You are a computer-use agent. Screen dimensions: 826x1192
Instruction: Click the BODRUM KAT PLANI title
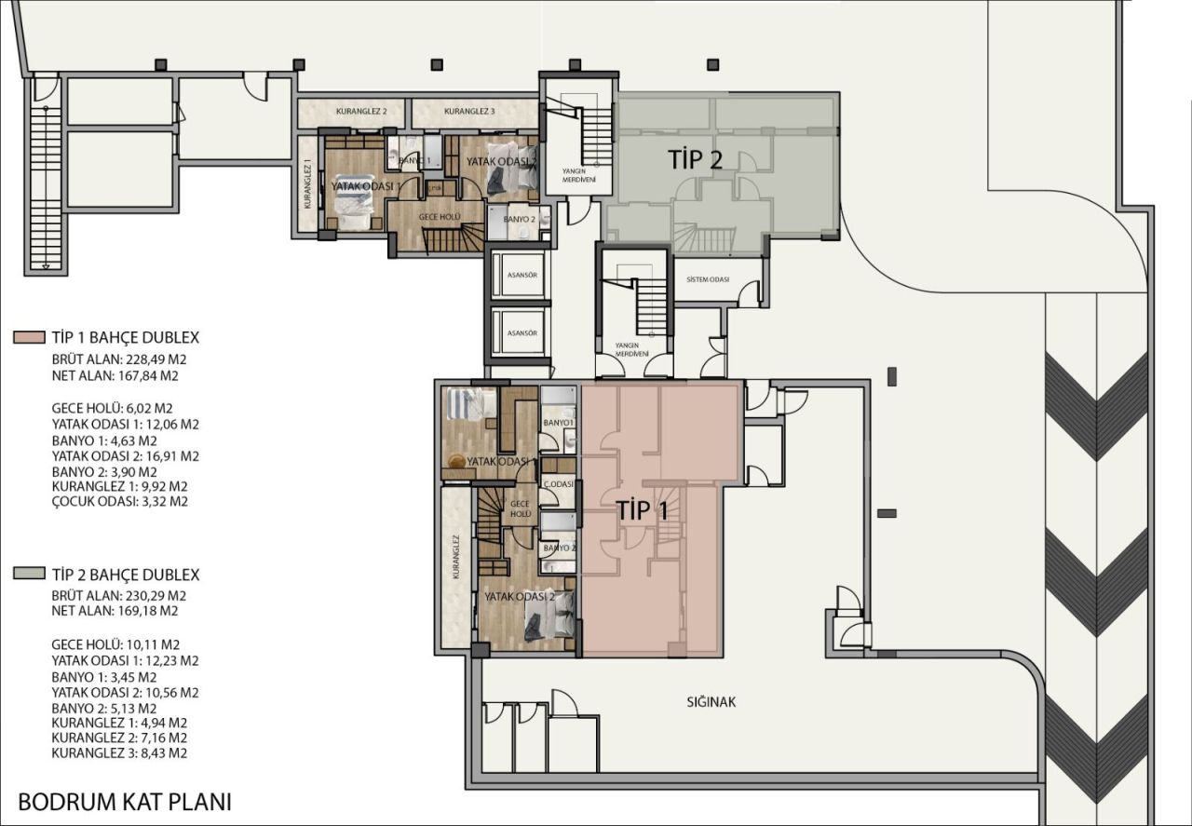(124, 802)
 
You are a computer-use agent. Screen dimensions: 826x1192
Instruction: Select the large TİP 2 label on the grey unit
(696, 159)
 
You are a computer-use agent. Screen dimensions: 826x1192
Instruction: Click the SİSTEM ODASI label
(708, 280)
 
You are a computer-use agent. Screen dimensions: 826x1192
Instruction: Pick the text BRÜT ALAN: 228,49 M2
(115, 360)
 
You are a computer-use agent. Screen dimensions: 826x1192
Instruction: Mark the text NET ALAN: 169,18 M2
(115, 612)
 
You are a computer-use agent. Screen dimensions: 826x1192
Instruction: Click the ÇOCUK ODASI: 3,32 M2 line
(120, 501)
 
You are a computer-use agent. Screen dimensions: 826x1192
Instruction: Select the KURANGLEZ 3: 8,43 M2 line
(119, 752)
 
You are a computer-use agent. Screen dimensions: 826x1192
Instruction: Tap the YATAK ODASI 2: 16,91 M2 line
(126, 456)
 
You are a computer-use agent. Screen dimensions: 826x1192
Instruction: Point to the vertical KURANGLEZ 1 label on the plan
(307, 184)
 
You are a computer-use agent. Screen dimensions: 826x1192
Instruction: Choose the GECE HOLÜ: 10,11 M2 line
(115, 644)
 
